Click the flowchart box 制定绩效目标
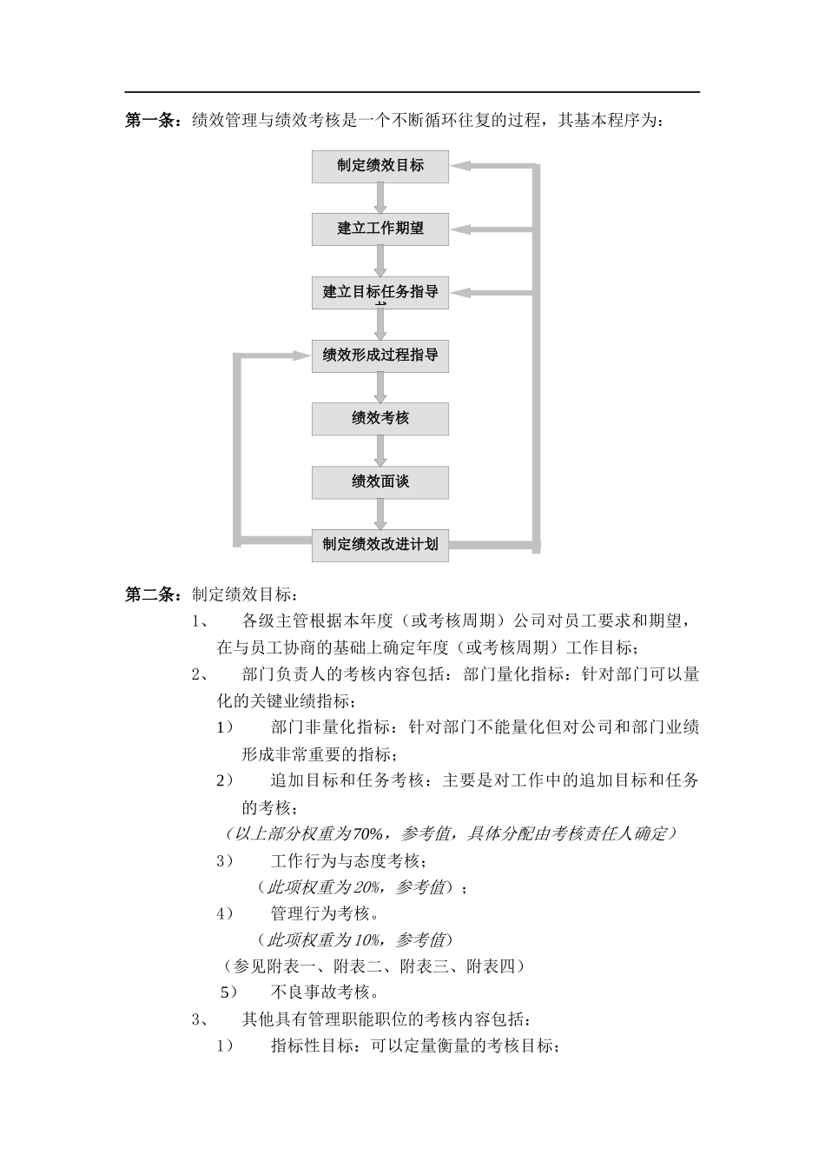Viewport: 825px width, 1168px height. click(x=380, y=166)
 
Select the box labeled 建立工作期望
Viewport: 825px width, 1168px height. click(x=380, y=229)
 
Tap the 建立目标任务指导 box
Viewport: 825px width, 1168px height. click(x=380, y=292)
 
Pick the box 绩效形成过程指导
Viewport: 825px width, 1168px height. click(x=380, y=355)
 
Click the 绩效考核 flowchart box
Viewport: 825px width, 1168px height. click(x=380, y=418)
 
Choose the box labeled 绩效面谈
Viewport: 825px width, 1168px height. click(x=380, y=481)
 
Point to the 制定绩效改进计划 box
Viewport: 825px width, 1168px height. click(x=380, y=545)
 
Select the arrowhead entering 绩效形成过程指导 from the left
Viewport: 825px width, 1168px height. click(x=301, y=355)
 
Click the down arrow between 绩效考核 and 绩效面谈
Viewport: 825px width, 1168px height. click(x=380, y=451)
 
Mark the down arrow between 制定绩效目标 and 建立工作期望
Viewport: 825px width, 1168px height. click(x=380, y=199)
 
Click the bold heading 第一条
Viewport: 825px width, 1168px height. click(x=152, y=121)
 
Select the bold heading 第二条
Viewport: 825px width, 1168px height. click(x=152, y=595)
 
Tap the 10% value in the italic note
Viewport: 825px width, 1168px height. click(x=368, y=940)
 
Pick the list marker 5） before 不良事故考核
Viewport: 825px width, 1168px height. click(x=228, y=992)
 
